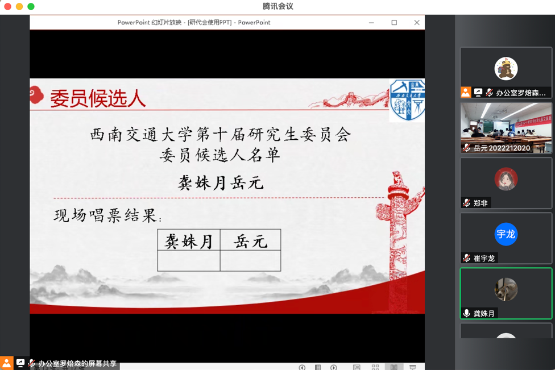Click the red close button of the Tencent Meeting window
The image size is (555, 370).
[x=8, y=6]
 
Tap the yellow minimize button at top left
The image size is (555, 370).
[x=19, y=6]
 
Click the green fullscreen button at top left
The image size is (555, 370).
[x=31, y=6]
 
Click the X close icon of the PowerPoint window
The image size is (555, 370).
[x=417, y=22]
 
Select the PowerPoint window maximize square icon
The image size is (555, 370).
[x=394, y=22]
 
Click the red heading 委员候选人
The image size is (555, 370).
[x=98, y=98]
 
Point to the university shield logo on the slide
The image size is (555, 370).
[x=407, y=100]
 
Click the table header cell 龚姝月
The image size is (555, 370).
[x=189, y=240]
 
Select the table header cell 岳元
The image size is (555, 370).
[x=251, y=240]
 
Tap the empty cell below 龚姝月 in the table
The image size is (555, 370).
[x=189, y=261]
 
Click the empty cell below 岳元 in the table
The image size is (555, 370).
[x=251, y=261]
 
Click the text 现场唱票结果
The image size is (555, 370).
[x=105, y=215]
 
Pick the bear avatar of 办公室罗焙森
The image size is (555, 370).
[x=506, y=69]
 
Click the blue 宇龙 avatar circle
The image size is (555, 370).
[x=506, y=234]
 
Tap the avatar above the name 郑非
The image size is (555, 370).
[x=506, y=179]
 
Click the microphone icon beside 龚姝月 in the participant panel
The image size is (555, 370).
[x=466, y=313]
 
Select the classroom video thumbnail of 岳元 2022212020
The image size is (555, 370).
[x=506, y=128]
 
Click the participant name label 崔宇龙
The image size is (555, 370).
[x=484, y=258]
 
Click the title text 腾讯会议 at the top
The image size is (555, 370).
[x=278, y=6]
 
